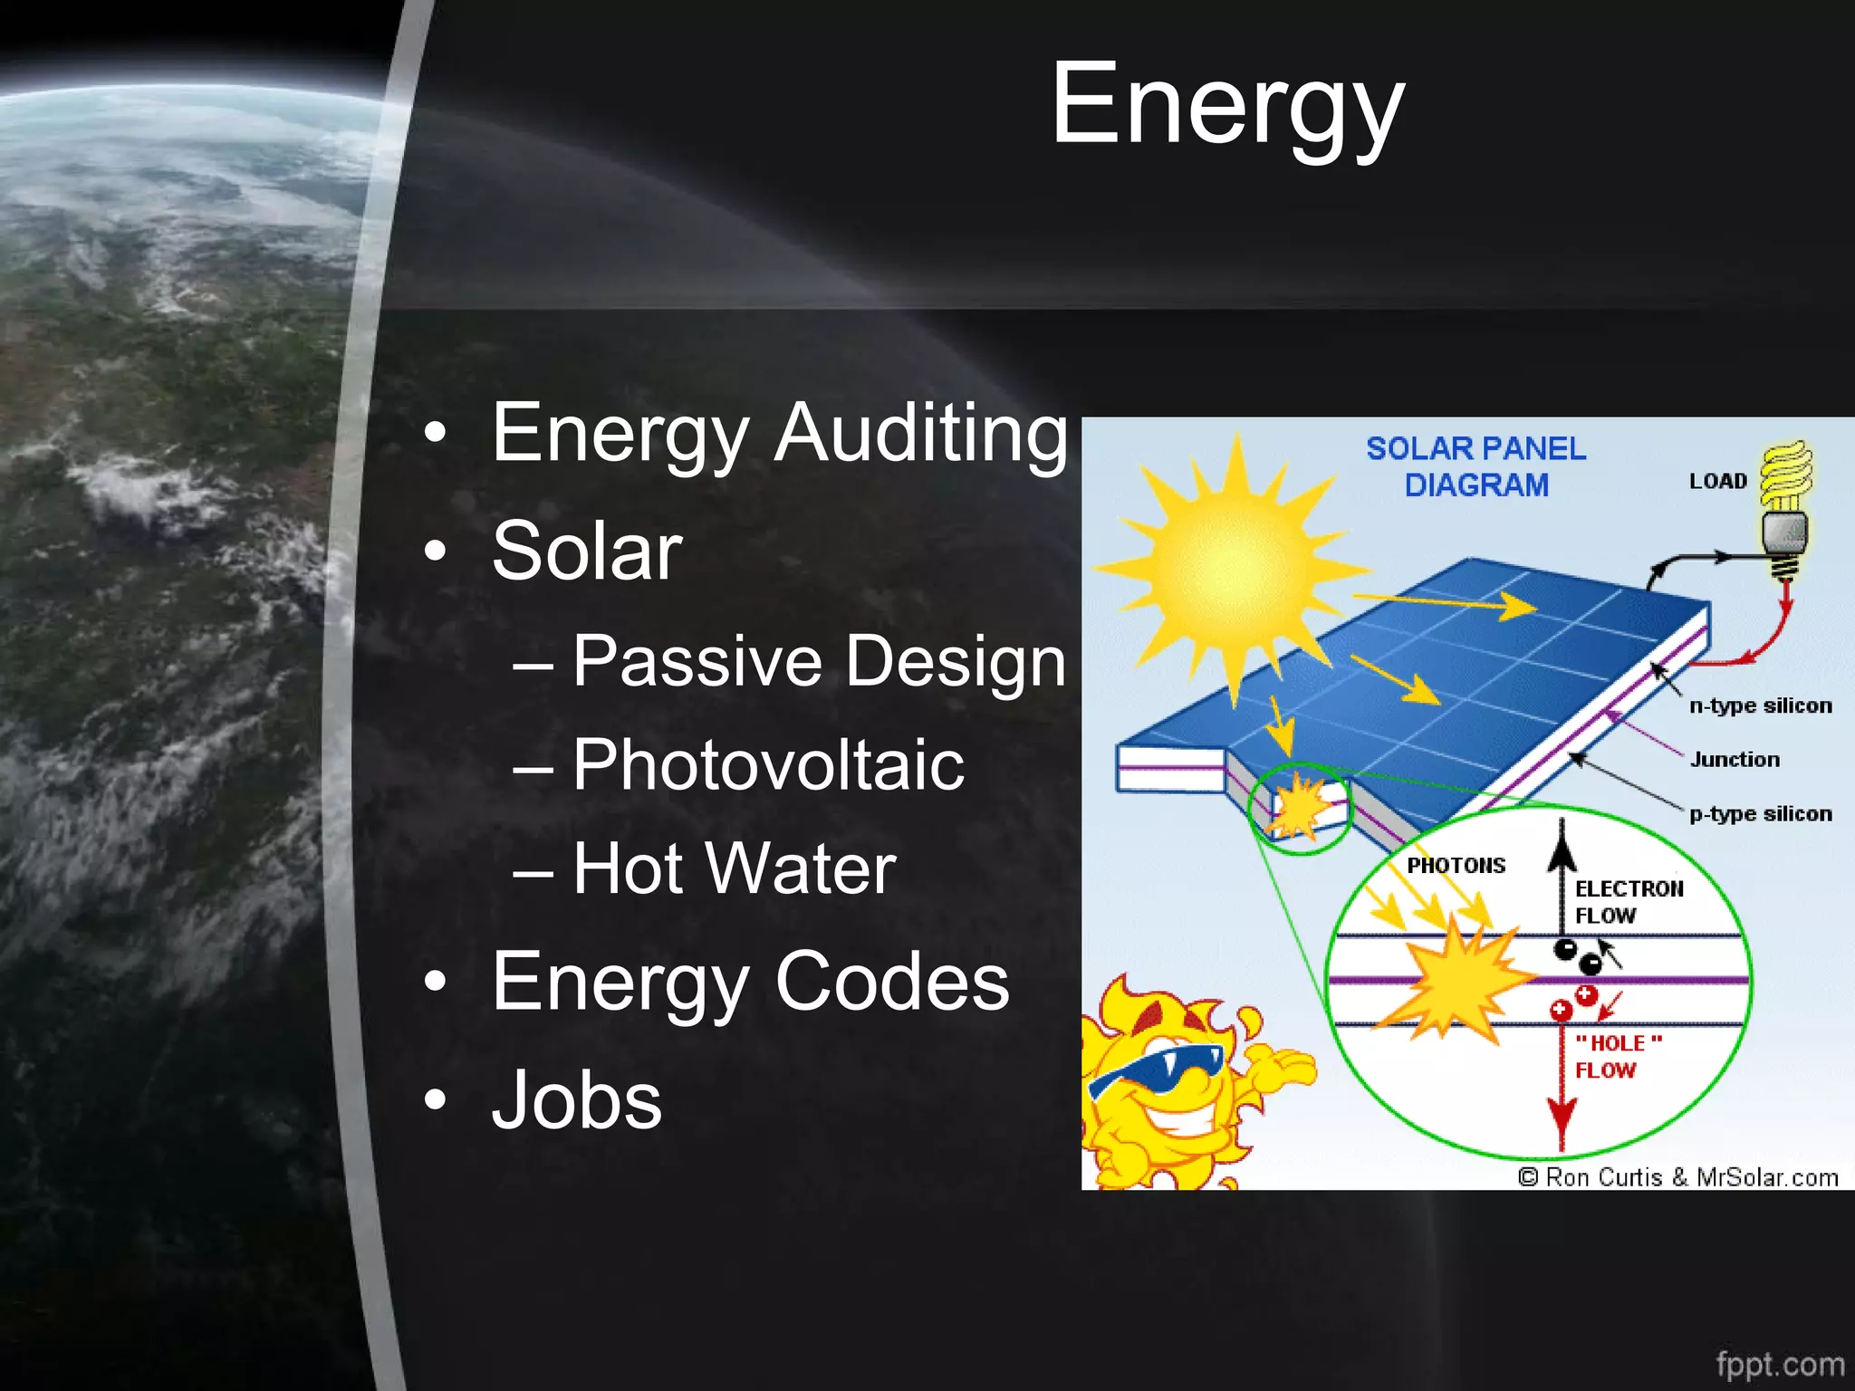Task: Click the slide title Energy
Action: (x=1226, y=107)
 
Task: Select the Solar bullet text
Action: (x=587, y=552)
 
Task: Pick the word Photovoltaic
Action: (x=767, y=766)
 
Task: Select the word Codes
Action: (x=891, y=983)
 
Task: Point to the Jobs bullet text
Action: (x=576, y=1100)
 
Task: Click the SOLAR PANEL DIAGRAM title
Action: (x=1475, y=467)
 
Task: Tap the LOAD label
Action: (x=1717, y=482)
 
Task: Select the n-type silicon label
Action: (x=1760, y=705)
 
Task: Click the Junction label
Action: (x=1735, y=760)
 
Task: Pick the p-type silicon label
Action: (x=1760, y=814)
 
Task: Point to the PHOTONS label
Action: (x=1456, y=866)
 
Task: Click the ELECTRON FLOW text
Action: (x=1627, y=902)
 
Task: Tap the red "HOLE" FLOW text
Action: (x=1618, y=1057)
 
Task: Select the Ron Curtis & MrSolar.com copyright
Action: (x=1678, y=1177)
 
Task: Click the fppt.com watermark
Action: (x=1779, y=1364)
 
